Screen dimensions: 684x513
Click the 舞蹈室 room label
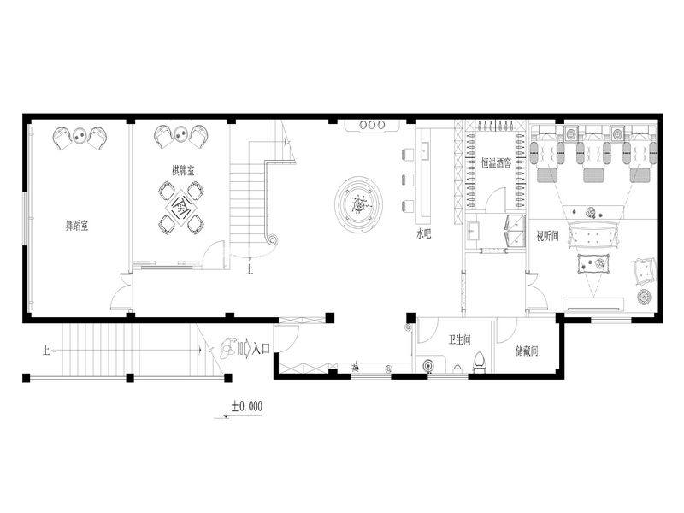click(x=77, y=226)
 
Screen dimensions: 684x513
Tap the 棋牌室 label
click(x=183, y=170)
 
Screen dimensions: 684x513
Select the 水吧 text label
click(x=423, y=234)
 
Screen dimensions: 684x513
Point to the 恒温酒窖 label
click(x=496, y=163)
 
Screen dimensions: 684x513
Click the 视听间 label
click(x=547, y=237)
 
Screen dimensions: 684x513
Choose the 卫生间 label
click(x=460, y=339)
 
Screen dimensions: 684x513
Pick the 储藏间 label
click(x=527, y=351)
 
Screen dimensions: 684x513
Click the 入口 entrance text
click(x=262, y=349)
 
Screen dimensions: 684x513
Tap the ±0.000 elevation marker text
click(x=247, y=407)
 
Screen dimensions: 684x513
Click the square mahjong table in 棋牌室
click(x=181, y=205)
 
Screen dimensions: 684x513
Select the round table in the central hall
click(x=359, y=203)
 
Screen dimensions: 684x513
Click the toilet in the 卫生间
click(x=480, y=362)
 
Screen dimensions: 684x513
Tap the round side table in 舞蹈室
click(x=80, y=136)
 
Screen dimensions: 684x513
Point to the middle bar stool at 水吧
click(x=408, y=180)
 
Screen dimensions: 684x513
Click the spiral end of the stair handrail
click(x=273, y=239)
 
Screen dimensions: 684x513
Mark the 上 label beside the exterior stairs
click(x=47, y=350)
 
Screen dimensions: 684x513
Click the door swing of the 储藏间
click(x=508, y=331)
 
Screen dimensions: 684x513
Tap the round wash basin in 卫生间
click(x=430, y=365)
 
